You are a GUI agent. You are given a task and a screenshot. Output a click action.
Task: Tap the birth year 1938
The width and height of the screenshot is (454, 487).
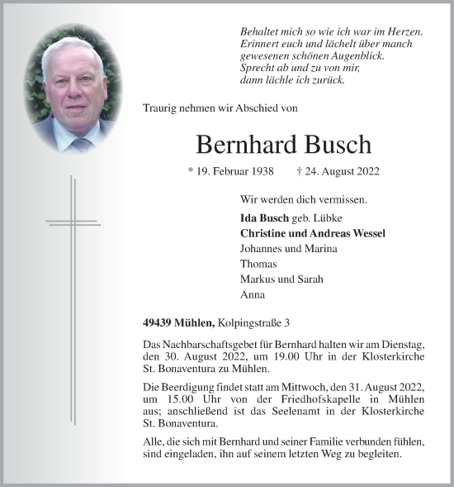pyautogui.click(x=263, y=173)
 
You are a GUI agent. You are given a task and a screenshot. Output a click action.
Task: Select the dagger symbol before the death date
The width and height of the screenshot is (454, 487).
pyautogui.click(x=298, y=173)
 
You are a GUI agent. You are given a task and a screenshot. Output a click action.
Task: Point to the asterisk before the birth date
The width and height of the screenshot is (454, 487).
pyautogui.click(x=192, y=173)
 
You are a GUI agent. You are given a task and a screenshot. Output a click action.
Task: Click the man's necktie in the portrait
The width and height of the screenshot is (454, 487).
pyautogui.click(x=81, y=143)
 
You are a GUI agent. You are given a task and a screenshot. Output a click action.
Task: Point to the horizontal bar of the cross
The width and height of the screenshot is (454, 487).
pyautogui.click(x=73, y=222)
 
